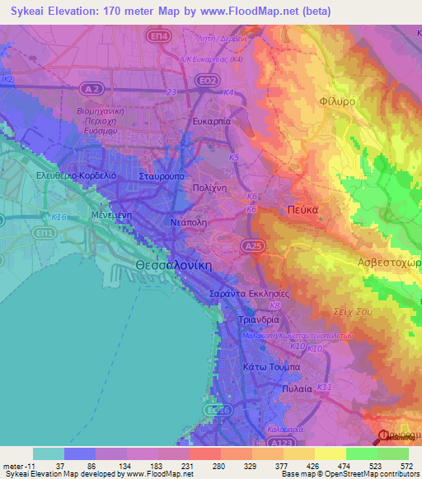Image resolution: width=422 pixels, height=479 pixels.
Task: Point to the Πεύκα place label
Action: point(302,209)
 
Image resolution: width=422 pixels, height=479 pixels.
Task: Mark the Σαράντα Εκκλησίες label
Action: point(250,293)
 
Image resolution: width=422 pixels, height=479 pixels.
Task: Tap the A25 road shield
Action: point(252,245)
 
